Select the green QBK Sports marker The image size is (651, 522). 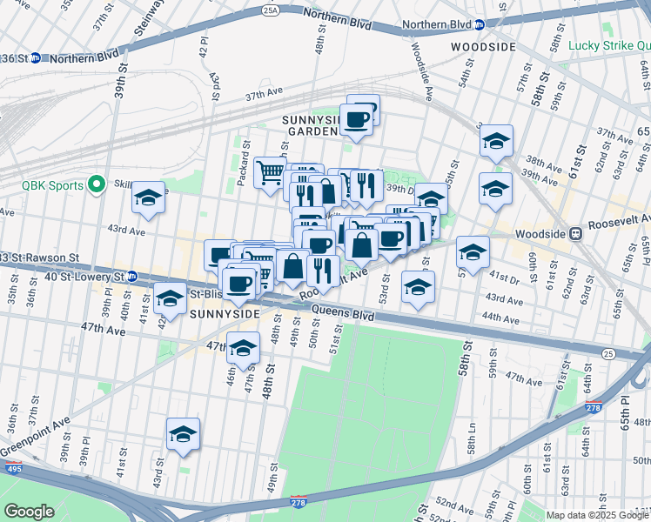97,185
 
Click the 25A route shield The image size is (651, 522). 271,10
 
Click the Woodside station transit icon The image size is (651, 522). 574,234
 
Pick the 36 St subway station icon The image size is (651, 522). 35,58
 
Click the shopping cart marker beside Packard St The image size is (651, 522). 270,171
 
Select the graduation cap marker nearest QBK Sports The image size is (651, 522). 148,197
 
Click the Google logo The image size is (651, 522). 29,511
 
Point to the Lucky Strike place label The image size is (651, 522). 609,45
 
